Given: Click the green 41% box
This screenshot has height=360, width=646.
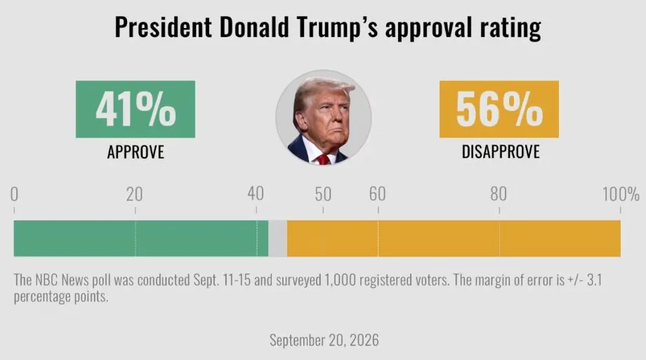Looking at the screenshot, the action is click(135, 109).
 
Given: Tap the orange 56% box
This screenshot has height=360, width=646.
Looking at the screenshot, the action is click(499, 109).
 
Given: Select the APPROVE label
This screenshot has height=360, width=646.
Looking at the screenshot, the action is click(136, 152).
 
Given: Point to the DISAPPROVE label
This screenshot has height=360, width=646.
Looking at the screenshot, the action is click(501, 152).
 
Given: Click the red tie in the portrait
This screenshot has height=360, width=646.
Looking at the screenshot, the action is click(323, 160).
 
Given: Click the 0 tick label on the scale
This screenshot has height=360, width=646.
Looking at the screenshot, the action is click(14, 194).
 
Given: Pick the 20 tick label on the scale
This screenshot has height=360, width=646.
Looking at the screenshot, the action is click(134, 194).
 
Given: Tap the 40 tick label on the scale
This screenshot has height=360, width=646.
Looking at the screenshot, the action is click(256, 194).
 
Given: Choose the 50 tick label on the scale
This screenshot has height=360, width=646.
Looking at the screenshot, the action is click(323, 194).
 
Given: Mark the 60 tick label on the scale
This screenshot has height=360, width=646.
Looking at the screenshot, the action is click(377, 194).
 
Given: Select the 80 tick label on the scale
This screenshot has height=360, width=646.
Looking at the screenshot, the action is click(499, 194).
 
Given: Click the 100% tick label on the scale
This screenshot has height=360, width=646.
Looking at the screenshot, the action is click(621, 194).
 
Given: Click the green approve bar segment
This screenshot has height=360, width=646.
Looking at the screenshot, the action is click(141, 239).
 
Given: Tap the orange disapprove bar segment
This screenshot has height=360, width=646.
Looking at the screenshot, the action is click(454, 239).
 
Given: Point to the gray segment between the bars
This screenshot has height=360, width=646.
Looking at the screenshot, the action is click(277, 239).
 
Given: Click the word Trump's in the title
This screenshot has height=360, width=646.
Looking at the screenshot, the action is click(337, 27).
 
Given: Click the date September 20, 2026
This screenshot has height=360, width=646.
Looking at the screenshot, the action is click(324, 340).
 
